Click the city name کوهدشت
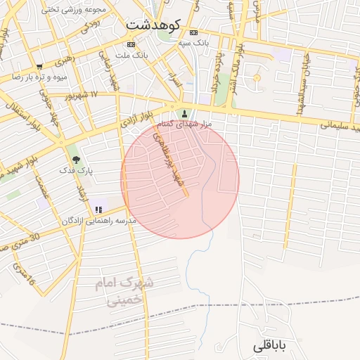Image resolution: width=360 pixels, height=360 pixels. click(153, 25)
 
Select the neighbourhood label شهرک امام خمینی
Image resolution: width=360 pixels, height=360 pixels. click(124, 292)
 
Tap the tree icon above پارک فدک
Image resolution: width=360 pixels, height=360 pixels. click(75, 160)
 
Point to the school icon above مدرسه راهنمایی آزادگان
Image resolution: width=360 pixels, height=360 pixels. click(98, 209)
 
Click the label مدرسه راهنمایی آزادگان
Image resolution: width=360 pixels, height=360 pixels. click(98, 221)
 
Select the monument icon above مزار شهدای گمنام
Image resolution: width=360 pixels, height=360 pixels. click(185, 113)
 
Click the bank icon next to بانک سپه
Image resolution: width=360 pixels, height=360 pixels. click(193, 32)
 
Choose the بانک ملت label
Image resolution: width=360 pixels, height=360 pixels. click(132, 55)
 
